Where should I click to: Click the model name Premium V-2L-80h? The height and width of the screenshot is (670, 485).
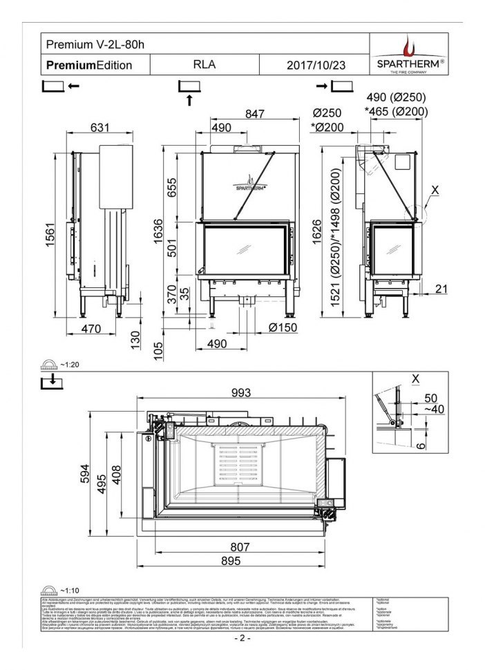[x=95, y=44]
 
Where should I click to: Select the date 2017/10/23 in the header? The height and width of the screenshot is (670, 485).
[x=315, y=66]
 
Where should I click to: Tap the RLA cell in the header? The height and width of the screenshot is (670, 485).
[x=207, y=66]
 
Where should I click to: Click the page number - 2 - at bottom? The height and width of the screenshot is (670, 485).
[x=242, y=639]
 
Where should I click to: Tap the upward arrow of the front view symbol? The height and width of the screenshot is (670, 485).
[x=189, y=100]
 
